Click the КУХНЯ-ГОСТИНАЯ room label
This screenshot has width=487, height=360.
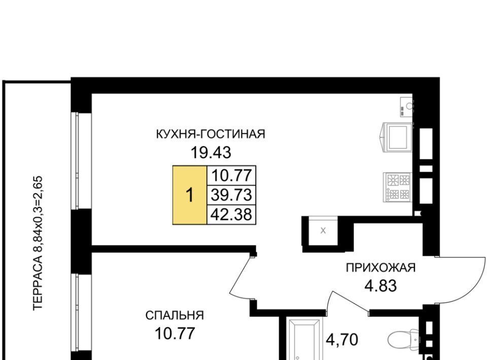point(210,134)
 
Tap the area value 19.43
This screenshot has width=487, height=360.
point(211,153)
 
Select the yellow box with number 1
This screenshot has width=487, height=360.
point(190,195)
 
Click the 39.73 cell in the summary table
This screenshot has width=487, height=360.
point(231,195)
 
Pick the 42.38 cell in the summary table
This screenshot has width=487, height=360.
point(231,214)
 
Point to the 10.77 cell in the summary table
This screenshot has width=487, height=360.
point(231,175)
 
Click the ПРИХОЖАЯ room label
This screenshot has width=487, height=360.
point(381,268)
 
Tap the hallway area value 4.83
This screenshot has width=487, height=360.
point(380,286)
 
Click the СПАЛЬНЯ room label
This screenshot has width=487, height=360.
point(175,315)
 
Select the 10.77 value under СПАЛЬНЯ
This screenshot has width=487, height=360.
point(175,334)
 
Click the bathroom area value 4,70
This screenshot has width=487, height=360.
point(341,340)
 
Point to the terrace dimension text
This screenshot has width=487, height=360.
point(38,243)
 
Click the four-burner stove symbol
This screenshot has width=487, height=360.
point(397,187)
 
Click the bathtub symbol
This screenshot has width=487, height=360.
point(304,339)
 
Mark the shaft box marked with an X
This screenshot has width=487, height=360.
point(323,231)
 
